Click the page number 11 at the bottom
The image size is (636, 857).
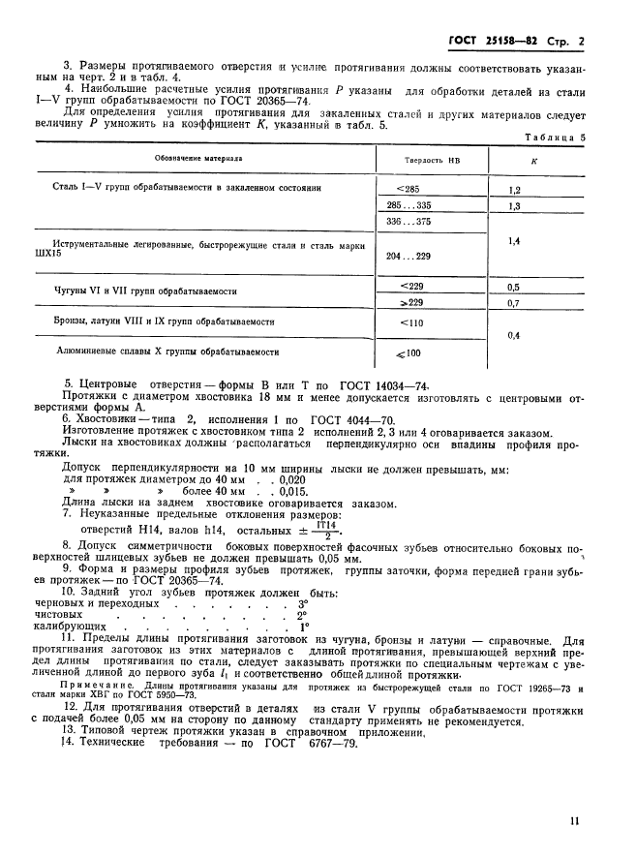(576, 821)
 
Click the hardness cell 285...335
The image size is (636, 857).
(409, 206)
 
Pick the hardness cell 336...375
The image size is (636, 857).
(409, 222)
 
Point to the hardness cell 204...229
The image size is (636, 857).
(409, 256)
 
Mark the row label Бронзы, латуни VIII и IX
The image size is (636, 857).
(165, 321)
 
